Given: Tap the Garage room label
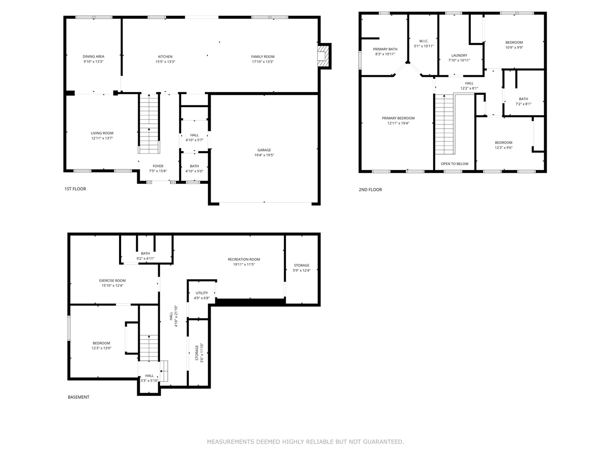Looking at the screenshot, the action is (x=264, y=150).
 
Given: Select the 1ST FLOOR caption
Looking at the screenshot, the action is (x=75, y=189).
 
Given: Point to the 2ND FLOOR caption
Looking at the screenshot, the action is (x=370, y=190).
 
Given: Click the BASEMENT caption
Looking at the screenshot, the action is (x=78, y=397).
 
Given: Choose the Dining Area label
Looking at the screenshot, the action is (x=93, y=56).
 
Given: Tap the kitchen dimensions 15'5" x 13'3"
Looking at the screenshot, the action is (x=165, y=62).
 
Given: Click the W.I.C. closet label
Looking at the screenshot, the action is (x=424, y=41).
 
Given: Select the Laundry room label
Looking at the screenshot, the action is (x=459, y=55).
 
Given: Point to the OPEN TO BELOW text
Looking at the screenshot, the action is (x=455, y=164).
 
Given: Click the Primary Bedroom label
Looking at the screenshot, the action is (x=398, y=118).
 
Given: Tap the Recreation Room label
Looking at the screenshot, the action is (x=244, y=260).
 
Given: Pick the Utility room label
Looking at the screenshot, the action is (x=202, y=293).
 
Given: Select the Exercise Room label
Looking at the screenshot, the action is (x=112, y=281).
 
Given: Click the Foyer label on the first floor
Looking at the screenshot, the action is (x=158, y=166).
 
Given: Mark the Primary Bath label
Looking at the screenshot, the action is (x=385, y=49).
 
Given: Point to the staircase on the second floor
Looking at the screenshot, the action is (x=445, y=125).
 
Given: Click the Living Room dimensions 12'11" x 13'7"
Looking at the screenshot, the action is (x=102, y=138).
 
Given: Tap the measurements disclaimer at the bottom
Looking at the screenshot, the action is (x=305, y=442).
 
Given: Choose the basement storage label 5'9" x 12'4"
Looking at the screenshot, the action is (x=302, y=271).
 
